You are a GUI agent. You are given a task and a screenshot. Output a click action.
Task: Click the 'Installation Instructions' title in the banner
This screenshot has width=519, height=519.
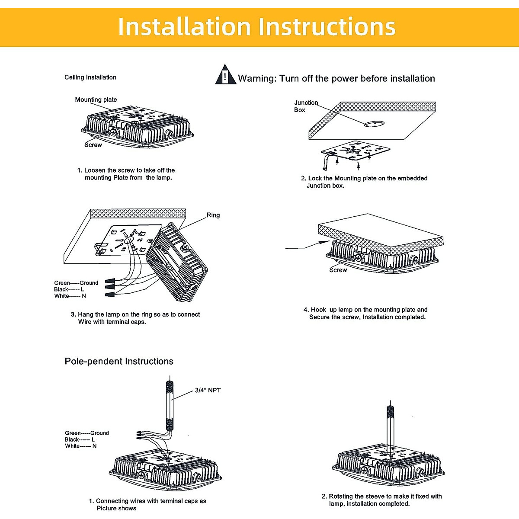256,27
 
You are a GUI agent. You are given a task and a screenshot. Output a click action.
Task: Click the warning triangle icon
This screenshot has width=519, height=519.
225,75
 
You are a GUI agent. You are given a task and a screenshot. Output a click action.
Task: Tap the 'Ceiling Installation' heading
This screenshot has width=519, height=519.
90,77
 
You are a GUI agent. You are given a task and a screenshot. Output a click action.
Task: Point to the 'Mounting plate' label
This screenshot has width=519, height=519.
96,99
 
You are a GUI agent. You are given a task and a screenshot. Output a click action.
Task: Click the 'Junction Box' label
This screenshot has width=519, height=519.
305,106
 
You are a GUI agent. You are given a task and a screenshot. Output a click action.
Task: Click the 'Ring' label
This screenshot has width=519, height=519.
213,215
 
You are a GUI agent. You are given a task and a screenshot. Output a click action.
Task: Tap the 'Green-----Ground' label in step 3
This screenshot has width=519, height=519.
76,283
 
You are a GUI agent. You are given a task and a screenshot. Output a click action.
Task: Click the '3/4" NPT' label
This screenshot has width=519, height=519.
208,390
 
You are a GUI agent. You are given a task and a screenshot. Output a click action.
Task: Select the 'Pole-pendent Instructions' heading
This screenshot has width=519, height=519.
119,362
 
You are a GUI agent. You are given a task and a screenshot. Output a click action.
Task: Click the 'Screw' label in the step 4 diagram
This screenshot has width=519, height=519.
338,270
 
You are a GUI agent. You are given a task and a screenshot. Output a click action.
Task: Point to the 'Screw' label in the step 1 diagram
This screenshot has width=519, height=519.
93,145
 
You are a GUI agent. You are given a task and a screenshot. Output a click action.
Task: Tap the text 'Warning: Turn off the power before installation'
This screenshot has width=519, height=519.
336,79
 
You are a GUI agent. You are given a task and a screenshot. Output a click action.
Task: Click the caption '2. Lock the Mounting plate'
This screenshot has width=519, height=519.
364,182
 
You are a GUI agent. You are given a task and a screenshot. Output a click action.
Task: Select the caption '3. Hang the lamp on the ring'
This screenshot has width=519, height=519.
135,318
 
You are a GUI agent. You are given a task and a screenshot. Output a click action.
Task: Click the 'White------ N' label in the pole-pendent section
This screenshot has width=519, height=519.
81,446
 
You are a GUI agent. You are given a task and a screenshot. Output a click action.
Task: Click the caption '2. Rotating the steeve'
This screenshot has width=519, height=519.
381,500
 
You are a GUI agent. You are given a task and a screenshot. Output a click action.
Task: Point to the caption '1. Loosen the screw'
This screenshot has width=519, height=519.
126,174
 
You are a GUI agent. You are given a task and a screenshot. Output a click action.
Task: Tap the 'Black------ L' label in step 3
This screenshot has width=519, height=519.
69,289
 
